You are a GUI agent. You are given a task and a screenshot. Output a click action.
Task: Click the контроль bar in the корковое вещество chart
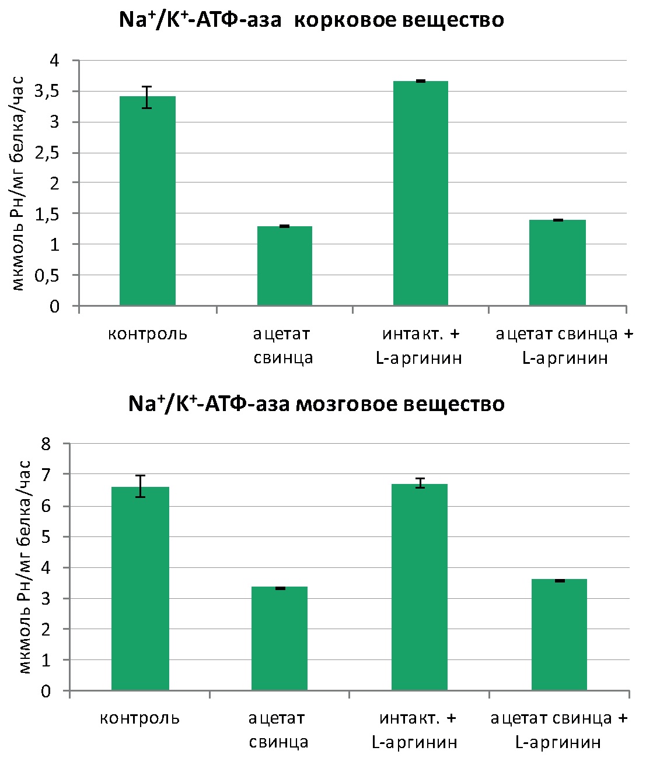(148, 201)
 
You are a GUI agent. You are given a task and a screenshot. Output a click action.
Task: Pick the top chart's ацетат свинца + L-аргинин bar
(557, 263)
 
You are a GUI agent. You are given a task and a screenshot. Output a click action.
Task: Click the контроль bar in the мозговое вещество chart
(140, 589)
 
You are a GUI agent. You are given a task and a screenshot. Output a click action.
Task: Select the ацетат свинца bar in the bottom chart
(280, 639)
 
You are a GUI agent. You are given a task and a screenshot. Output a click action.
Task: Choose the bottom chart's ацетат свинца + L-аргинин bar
(559, 635)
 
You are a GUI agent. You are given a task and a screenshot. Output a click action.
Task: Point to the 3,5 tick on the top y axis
(60, 92)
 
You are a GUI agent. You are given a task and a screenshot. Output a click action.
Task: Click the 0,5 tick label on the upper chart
(60, 276)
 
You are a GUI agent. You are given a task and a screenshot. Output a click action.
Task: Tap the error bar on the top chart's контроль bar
(148, 97)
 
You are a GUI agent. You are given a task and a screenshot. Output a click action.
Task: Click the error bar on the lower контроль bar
(140, 486)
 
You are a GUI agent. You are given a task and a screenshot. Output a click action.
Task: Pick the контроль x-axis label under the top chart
(148, 334)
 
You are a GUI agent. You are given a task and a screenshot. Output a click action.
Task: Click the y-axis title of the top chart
(19, 184)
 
